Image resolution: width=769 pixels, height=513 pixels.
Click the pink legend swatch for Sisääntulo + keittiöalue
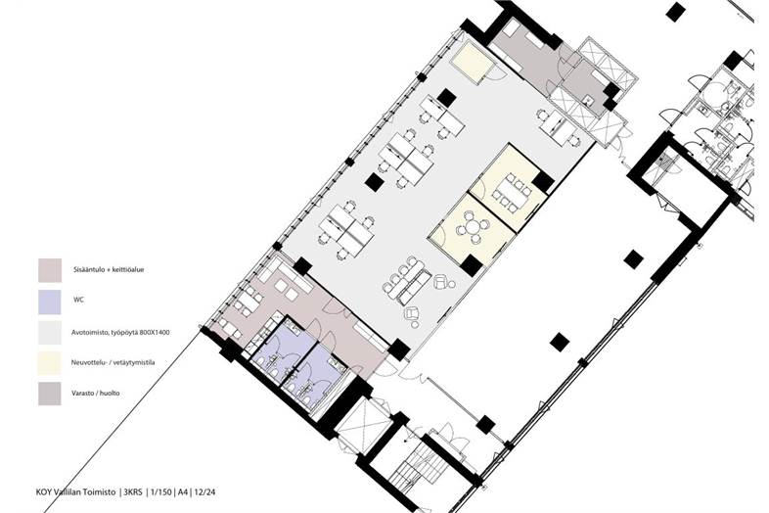point(50,270)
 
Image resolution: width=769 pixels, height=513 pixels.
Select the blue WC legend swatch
point(50,302)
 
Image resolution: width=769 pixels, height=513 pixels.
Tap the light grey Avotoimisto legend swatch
point(50,332)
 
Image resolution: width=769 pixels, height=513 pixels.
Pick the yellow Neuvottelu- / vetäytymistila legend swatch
point(50,363)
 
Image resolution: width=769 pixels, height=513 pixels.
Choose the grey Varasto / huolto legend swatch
point(50,394)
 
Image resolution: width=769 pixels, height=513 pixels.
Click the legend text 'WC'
point(78,299)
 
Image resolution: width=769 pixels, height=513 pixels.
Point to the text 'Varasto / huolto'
point(95,394)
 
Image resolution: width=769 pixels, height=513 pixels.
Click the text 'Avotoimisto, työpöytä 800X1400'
point(120,332)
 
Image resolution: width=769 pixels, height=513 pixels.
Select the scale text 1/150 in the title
point(159,491)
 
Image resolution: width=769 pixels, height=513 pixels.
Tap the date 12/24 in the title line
point(204,491)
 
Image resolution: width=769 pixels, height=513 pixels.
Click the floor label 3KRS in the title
point(133,491)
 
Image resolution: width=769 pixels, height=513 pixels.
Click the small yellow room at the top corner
point(472,63)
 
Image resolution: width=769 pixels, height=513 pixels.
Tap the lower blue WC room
point(317,377)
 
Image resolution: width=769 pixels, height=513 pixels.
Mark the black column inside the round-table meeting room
point(471,265)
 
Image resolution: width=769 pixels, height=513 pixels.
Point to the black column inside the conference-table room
point(543,182)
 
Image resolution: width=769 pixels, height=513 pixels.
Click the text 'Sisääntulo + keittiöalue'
point(108,269)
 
